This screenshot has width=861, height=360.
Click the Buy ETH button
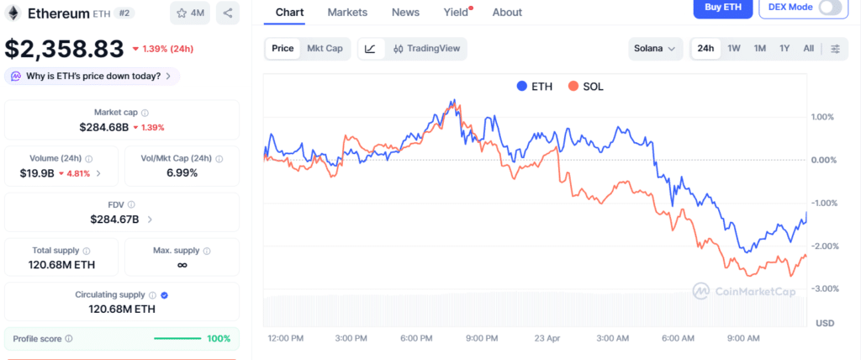[721, 8]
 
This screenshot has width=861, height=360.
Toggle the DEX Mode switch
[830, 8]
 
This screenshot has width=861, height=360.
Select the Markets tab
[347, 12]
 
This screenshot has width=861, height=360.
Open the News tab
[405, 12]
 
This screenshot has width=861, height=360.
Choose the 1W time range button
[734, 49]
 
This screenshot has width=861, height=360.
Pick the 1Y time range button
[784, 49]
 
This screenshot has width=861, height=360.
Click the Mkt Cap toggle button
[325, 49]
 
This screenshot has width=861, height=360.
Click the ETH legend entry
[535, 86]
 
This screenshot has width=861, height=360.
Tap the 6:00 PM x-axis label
[416, 338]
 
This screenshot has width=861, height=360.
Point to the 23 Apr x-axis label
[547, 338]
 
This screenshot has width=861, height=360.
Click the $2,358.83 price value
[65, 49]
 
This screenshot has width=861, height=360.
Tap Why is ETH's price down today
[92, 76]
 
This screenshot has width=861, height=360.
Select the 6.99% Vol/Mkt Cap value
[182, 172]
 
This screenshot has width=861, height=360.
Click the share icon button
[228, 13]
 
